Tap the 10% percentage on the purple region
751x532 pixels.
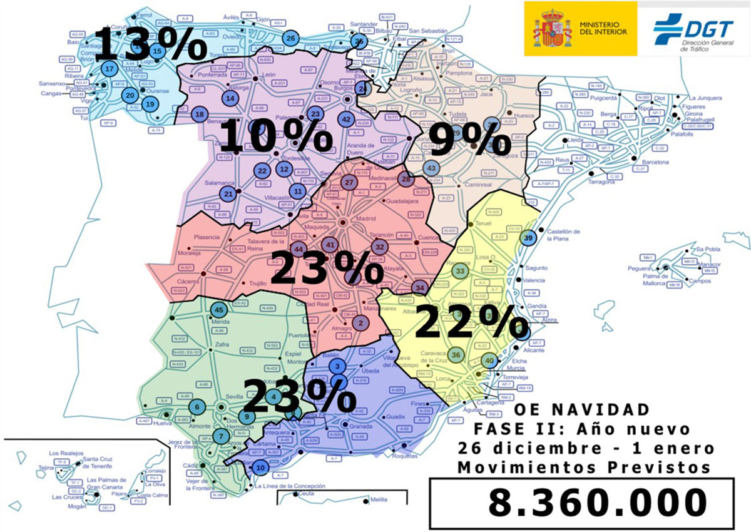(x=275, y=136)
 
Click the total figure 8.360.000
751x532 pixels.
(x=597, y=503)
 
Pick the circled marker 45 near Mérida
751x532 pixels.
(x=219, y=309)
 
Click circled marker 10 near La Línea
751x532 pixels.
(x=260, y=466)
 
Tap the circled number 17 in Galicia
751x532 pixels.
(x=110, y=69)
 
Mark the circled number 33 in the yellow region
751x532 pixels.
(x=461, y=271)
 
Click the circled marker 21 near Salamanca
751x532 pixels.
(x=229, y=194)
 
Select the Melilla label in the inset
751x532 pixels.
(x=379, y=499)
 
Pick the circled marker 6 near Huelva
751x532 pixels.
(x=197, y=407)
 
